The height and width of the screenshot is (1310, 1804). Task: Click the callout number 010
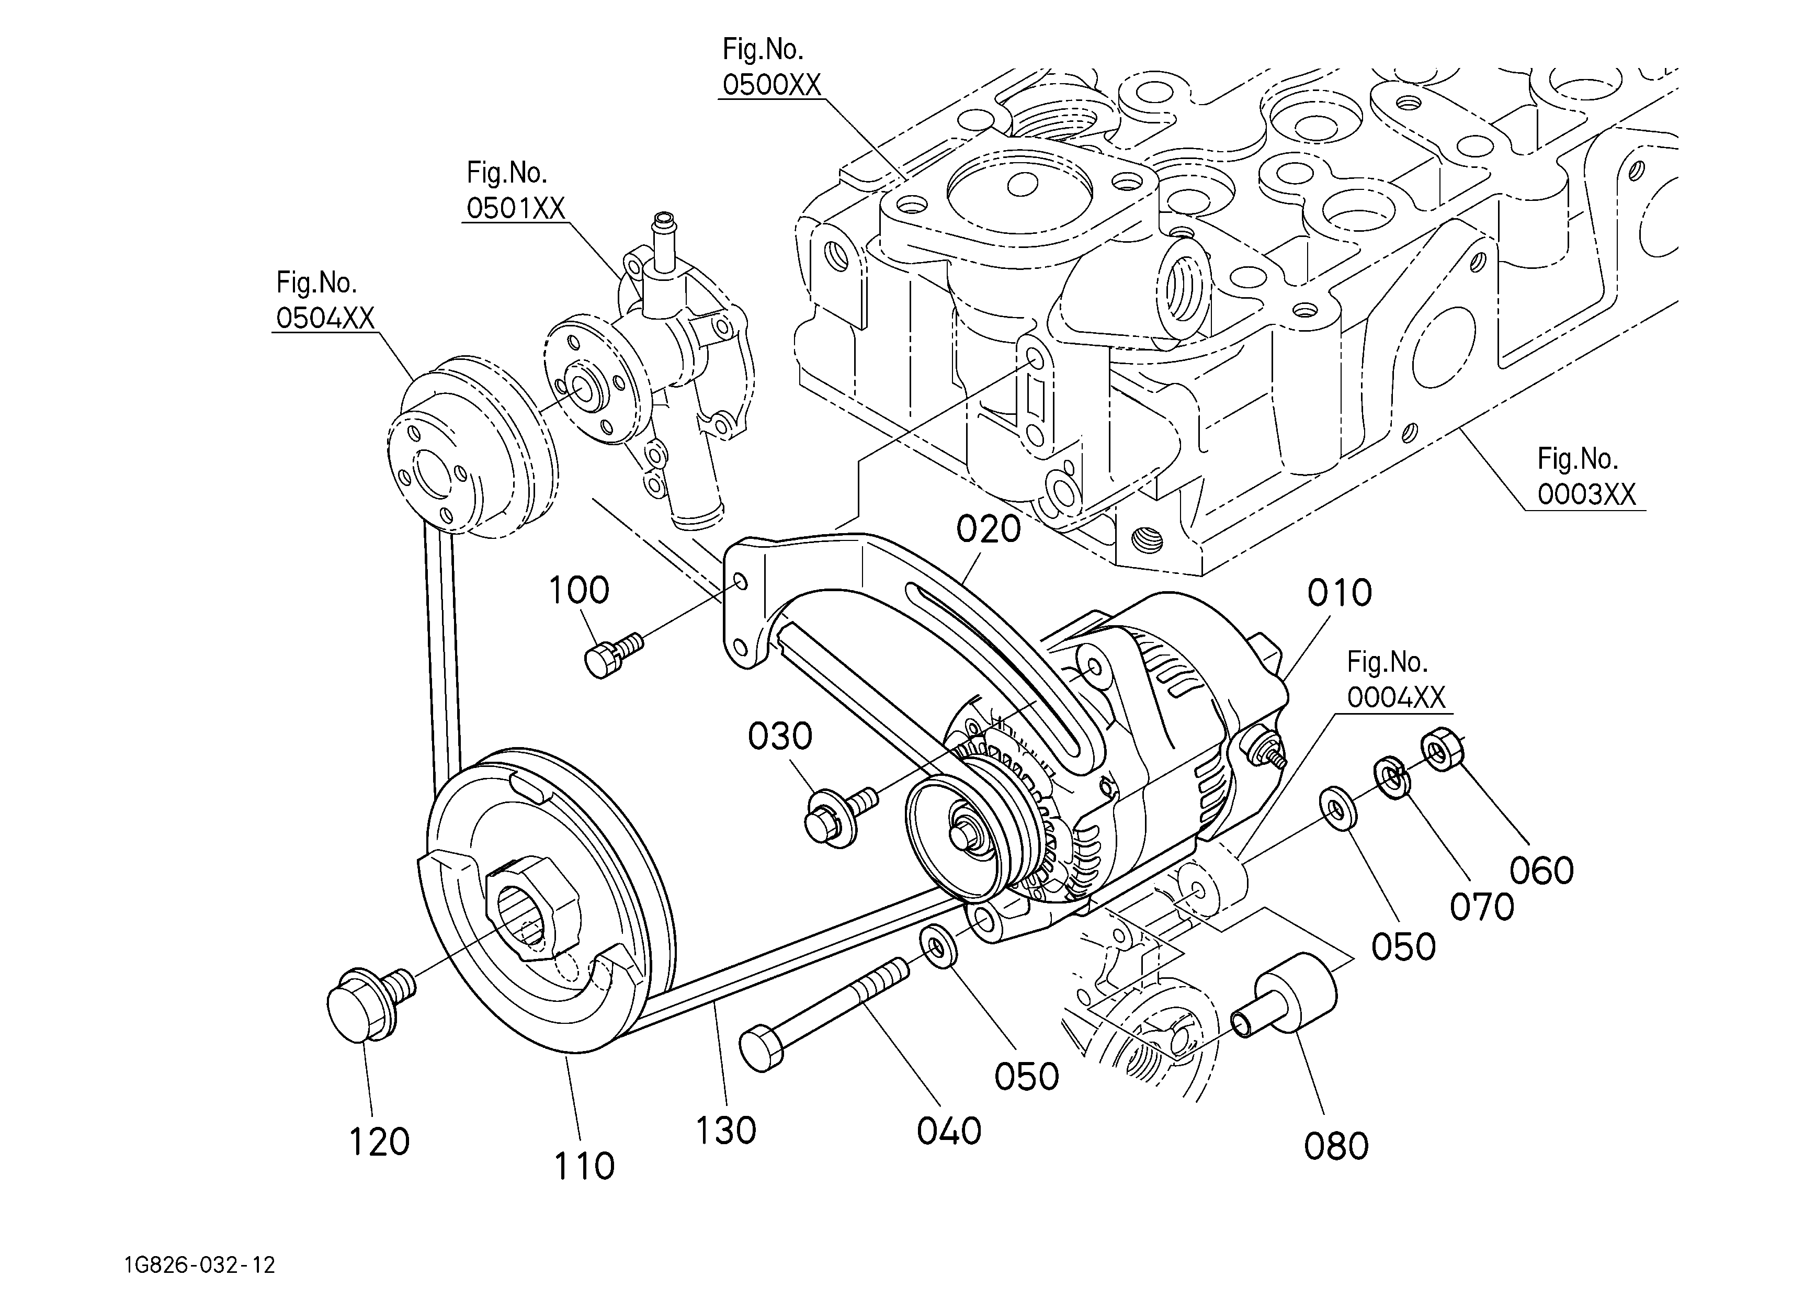[x=1340, y=593]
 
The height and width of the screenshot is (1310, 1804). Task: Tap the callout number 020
[x=989, y=529]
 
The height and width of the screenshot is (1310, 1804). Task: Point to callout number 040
[x=949, y=1131]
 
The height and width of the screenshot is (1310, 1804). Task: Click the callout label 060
[x=1541, y=871]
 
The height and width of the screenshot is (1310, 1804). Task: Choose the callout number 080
[x=1336, y=1146]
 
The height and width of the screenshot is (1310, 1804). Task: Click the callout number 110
[x=585, y=1166]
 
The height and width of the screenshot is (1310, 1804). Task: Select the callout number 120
[x=379, y=1142]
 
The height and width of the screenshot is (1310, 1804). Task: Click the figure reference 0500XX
[x=771, y=84]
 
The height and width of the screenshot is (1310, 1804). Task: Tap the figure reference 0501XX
[x=515, y=208]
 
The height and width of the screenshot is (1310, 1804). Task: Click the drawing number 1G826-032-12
[x=200, y=1264]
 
